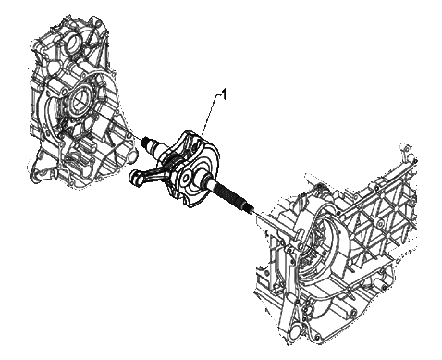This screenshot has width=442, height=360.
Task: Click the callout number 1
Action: pos(225,94)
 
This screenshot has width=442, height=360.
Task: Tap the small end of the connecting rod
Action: pos(134,178)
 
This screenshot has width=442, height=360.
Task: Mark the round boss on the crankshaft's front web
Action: pos(187,179)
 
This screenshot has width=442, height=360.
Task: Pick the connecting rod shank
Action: pos(153,170)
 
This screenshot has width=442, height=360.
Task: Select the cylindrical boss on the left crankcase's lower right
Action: pos(131,155)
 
